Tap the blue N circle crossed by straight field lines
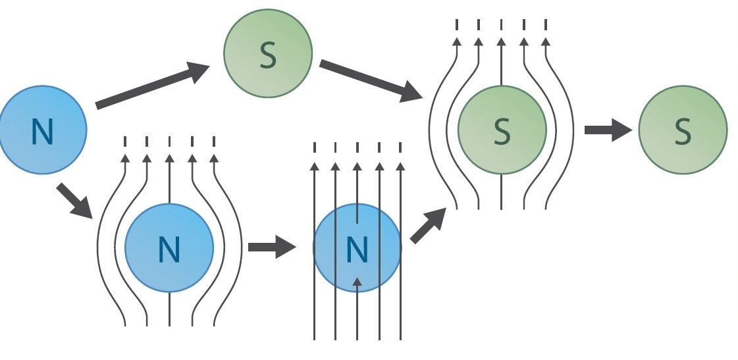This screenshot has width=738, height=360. tap(357, 248)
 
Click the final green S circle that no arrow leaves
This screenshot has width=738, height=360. tap(683, 130)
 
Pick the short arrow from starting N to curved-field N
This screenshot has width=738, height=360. tap(74, 201)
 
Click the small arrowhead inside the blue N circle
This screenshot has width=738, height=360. tap(357, 283)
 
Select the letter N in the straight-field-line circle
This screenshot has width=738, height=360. tap(356, 249)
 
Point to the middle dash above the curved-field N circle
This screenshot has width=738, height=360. tap(170, 141)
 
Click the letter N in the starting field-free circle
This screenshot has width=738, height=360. tap(41, 132)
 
